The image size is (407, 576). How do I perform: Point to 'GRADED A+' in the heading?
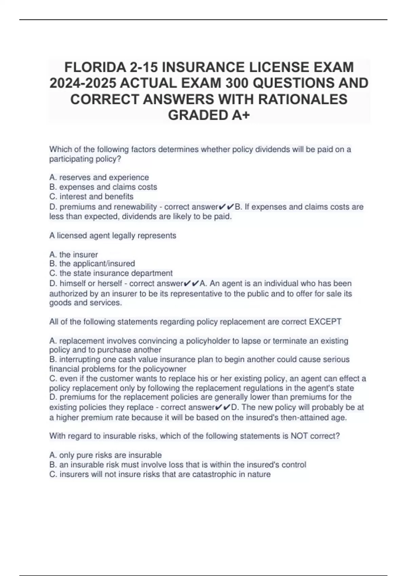[209, 115]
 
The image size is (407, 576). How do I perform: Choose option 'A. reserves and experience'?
[99, 177]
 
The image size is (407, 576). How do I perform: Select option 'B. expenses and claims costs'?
[103, 187]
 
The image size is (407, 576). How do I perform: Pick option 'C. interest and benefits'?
[91, 196]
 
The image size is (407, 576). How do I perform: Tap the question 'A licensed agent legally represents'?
[113, 235]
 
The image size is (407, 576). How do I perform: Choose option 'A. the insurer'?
[74, 254]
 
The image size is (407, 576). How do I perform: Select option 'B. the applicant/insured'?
[92, 264]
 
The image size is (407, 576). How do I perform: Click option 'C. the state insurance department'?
[111, 273]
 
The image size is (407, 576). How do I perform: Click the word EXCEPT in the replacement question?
[325, 322]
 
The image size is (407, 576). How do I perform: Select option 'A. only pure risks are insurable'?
[105, 455]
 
